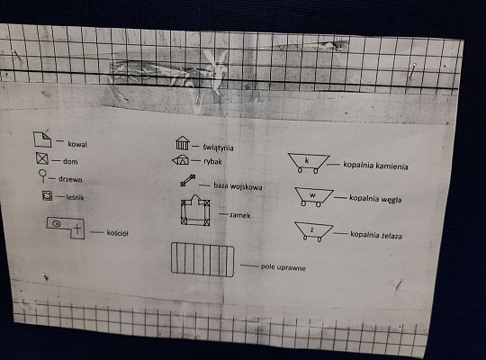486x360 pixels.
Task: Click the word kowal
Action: click(x=76, y=144)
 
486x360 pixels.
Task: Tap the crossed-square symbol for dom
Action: click(x=41, y=160)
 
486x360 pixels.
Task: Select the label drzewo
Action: click(x=71, y=179)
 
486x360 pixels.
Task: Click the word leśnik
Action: click(x=76, y=198)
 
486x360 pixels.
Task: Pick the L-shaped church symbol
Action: click(x=67, y=227)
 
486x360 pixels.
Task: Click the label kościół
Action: click(x=117, y=232)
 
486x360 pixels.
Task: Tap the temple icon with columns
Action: click(x=182, y=143)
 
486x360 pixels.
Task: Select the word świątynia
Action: click(x=223, y=145)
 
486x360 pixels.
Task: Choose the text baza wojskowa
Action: click(x=238, y=186)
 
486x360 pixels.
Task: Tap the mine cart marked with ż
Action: click(x=313, y=231)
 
